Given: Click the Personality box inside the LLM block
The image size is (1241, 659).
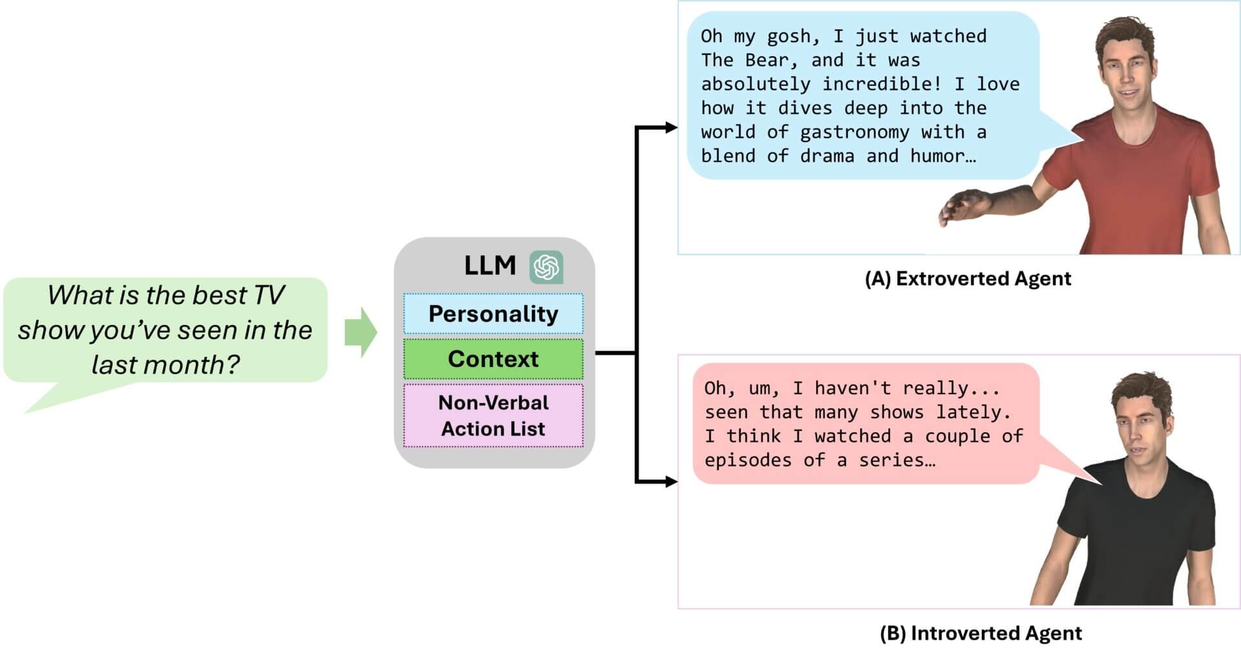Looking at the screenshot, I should pos(493,313).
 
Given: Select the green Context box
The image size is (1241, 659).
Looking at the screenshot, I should pos(493,359).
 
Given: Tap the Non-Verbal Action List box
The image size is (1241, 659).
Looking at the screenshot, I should pos(493,415).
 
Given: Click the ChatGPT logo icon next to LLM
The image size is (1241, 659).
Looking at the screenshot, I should pos(546,267).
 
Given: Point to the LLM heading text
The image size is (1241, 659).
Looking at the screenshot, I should pos(490,266).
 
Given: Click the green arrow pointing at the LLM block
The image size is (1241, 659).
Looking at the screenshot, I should pos(360,332).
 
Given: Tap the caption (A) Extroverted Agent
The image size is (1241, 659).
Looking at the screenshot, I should pos(968,278).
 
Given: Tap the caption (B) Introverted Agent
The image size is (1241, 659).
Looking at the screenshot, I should pos(981,633).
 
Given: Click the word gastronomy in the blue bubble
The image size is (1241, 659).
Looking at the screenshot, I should pos(854,132).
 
